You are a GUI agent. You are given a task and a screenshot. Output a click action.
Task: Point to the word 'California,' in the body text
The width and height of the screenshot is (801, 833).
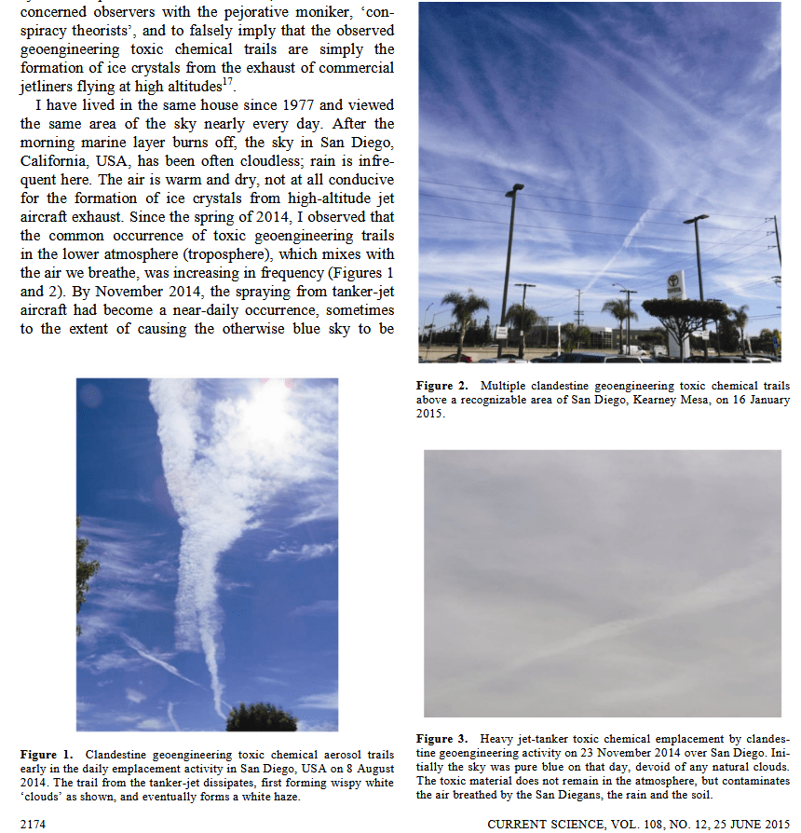52,161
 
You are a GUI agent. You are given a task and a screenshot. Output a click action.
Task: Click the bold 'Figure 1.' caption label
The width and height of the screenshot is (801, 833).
48,753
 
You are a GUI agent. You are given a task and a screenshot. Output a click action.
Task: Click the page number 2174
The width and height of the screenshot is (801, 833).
34,824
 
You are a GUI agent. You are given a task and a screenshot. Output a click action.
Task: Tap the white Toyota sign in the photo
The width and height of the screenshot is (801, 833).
677,284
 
